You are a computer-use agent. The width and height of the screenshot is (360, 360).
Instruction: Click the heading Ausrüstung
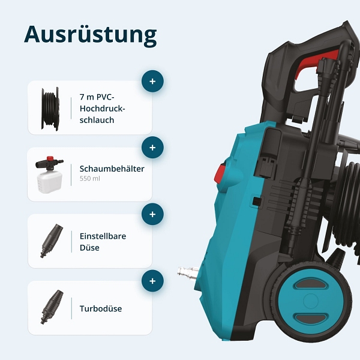coord(91,35)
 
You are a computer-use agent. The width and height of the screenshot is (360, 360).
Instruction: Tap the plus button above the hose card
coord(152,81)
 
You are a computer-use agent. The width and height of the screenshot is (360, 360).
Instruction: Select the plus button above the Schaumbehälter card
coord(152,148)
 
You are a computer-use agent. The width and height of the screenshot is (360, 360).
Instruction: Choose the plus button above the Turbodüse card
coord(152,281)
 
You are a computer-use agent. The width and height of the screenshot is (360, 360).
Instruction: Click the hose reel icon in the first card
coord(50,109)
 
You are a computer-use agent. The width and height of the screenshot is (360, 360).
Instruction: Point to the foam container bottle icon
coord(49,175)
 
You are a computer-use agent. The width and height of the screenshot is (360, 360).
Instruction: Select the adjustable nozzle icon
coord(52,241)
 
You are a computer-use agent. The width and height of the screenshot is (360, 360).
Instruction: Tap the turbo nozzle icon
coord(52,307)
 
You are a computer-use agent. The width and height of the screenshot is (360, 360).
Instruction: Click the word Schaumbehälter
coord(112,169)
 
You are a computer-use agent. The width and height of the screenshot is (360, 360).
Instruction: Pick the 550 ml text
coord(90,178)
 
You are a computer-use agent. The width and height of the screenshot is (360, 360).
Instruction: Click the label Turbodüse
coord(101,308)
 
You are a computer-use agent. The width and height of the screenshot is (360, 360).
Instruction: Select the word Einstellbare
coord(103,236)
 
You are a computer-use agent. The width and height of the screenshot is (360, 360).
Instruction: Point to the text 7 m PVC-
coord(97,97)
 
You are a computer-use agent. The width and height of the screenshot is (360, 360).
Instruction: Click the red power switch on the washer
coord(220,173)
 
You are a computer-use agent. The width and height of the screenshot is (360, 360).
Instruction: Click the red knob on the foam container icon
coord(50,159)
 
